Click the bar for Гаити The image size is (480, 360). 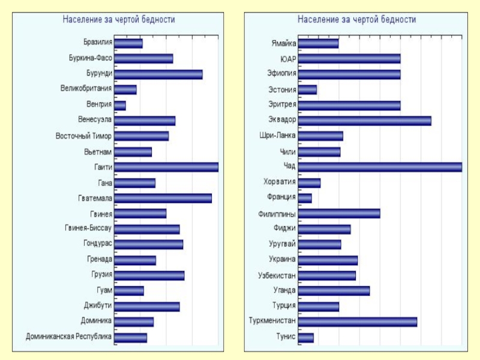[166, 167]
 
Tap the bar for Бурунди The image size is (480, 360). [158, 74]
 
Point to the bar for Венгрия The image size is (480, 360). [119, 106]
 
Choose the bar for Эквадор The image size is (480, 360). [364, 121]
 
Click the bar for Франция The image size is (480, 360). [305, 198]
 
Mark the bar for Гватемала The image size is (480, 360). [163, 198]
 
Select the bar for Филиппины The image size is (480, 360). [339, 214]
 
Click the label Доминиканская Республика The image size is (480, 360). [68, 337]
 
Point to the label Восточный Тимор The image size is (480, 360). [83, 136]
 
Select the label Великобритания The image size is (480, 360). [86, 89]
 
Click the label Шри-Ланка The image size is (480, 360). [277, 136]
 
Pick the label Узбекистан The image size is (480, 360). [277, 275]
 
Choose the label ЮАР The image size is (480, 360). [288, 59]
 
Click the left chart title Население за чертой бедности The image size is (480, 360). [119, 20]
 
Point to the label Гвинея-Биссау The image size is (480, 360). [88, 229]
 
